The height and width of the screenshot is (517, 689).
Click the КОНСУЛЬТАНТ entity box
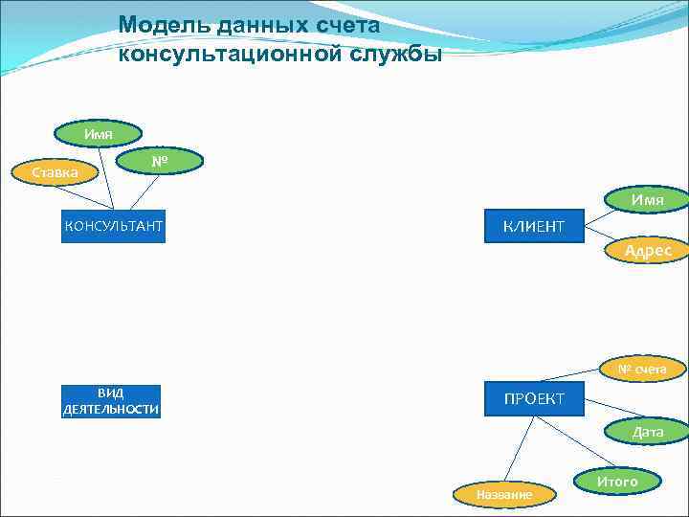pyautogui.click(x=113, y=226)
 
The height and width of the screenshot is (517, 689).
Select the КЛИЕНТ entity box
pyautogui.click(x=534, y=226)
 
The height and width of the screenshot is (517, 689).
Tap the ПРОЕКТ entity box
pyautogui.click(x=534, y=397)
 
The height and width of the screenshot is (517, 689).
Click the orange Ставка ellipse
pyautogui.click(x=56, y=173)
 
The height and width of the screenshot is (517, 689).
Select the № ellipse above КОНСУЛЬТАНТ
pyautogui.click(x=161, y=162)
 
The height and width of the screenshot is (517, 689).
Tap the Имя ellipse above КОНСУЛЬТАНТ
pyautogui.click(x=98, y=134)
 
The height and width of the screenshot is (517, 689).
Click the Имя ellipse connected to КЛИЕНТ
pyautogui.click(x=647, y=199)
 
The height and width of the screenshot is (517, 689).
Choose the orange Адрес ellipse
pyautogui.click(x=647, y=251)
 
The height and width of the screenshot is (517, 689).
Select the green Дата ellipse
pyautogui.click(x=647, y=432)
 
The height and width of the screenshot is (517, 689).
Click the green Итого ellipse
pyautogui.click(x=616, y=482)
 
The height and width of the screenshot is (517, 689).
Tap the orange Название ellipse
pyautogui.click(x=503, y=494)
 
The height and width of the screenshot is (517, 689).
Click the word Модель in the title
pyautogui.click(x=158, y=26)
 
